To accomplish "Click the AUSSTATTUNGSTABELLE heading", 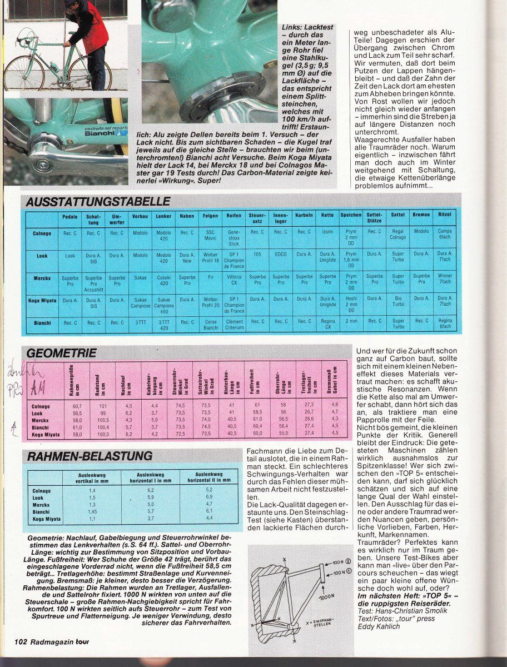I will point(97,201).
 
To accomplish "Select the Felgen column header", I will point(210,215).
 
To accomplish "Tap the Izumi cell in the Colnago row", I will point(327,232).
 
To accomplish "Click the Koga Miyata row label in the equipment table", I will point(42,300).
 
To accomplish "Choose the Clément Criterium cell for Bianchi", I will point(234,325).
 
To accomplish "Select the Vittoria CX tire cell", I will point(234,280).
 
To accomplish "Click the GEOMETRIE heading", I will point(62,353).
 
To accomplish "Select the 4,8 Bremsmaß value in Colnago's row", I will point(335,405).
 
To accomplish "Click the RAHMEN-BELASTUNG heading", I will point(89,456).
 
